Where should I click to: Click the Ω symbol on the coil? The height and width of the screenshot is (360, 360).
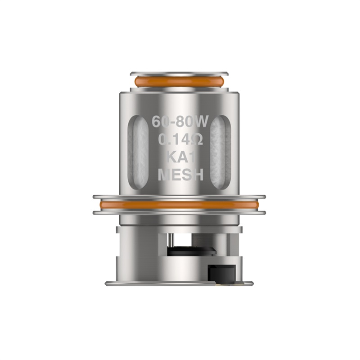coord(198,140)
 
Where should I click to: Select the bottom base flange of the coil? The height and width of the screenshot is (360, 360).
coord(179,283)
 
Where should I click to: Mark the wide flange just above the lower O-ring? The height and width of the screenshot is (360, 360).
coord(179,197)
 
